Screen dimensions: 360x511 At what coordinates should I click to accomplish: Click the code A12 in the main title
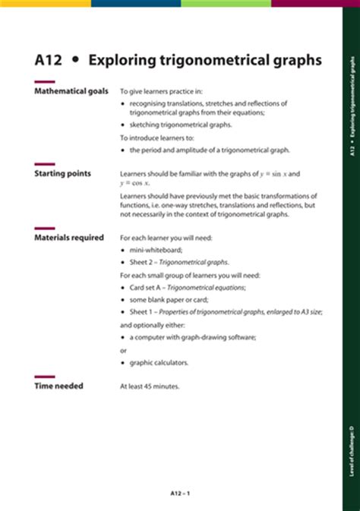pyautogui.click(x=49, y=59)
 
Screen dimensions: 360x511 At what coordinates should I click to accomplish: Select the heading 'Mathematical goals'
pyautogui.click(x=72, y=91)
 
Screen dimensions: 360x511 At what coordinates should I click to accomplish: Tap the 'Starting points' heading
pyautogui.click(x=63, y=173)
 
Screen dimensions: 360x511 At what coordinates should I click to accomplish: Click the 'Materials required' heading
pyautogui.click(x=69, y=238)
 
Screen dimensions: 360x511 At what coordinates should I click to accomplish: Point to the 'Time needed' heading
pyautogui.click(x=59, y=386)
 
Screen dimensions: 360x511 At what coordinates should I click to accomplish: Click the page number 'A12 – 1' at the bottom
pyautogui.click(x=180, y=494)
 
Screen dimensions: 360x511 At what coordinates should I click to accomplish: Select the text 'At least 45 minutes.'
pyautogui.click(x=150, y=386)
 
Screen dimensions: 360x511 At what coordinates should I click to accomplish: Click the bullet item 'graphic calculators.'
pyautogui.click(x=159, y=362)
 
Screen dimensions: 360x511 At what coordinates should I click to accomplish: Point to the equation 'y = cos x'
pyautogui.click(x=135, y=183)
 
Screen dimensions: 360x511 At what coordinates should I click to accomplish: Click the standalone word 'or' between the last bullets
pyautogui.click(x=124, y=349)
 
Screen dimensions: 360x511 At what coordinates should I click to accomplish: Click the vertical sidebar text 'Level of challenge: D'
pyautogui.click(x=352, y=429)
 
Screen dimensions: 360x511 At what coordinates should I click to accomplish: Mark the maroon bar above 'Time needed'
pyautogui.click(x=45, y=377)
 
